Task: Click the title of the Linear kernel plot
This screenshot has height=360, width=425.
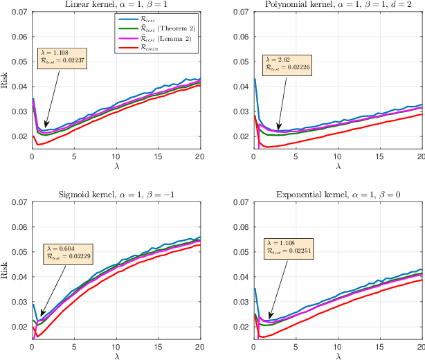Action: [116, 5]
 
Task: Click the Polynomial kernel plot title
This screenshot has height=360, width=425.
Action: [336, 5]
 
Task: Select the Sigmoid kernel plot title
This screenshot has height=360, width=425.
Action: [116, 193]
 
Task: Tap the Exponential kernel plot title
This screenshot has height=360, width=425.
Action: [336, 193]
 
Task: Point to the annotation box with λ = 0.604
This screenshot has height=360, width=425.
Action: [67, 252]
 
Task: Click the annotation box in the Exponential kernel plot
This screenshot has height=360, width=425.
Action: [289, 248]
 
